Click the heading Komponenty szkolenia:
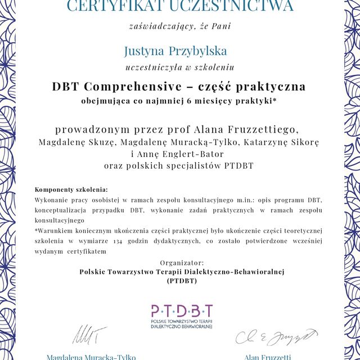(71, 190)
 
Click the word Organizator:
(181, 262)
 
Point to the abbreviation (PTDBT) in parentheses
(181, 281)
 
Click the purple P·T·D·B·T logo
(182, 310)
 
